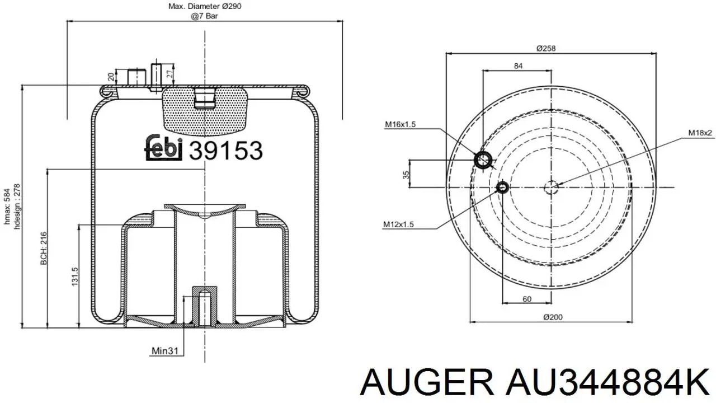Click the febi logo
(x=163, y=148)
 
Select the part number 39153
(x=225, y=151)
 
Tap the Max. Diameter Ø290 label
(x=205, y=6)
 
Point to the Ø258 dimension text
(x=546, y=48)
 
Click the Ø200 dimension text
(x=553, y=317)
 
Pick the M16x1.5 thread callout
(x=400, y=124)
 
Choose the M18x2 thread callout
(x=700, y=133)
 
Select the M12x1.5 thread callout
(x=399, y=224)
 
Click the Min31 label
(x=165, y=351)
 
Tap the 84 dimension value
(x=518, y=66)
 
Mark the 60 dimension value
(x=527, y=299)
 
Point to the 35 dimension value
(x=406, y=175)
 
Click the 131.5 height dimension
(x=74, y=277)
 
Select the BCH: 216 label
(x=44, y=249)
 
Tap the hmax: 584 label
(x=7, y=207)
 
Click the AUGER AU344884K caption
(x=535, y=382)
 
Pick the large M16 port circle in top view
(x=483, y=160)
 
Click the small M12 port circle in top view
(x=502, y=187)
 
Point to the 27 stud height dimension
(x=171, y=73)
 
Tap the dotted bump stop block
(x=205, y=110)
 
